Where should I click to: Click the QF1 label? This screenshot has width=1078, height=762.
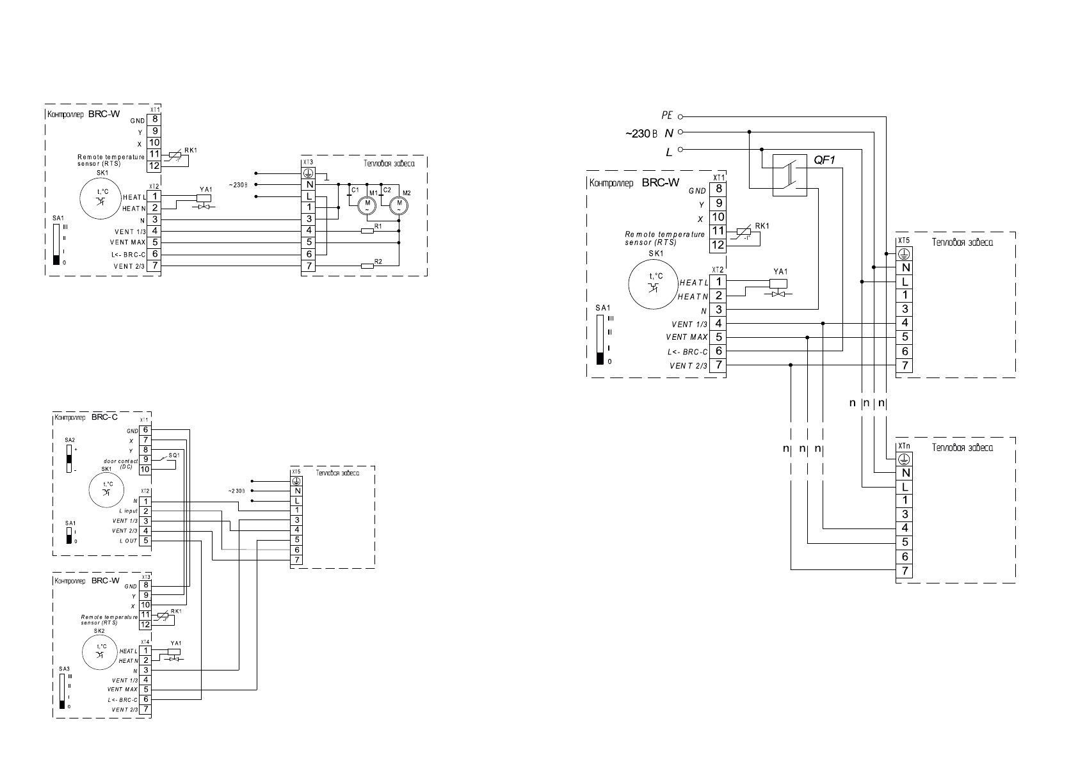click(x=825, y=161)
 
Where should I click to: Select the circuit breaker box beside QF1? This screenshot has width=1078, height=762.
click(x=789, y=175)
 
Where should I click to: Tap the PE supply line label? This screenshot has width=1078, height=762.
click(x=667, y=116)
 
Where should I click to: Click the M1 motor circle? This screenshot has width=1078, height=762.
click(x=367, y=205)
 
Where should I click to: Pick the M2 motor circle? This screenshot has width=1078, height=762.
click(x=398, y=205)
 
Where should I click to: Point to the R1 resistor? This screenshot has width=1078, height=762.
click(x=367, y=230)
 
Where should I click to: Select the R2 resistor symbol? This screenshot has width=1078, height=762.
click(x=367, y=266)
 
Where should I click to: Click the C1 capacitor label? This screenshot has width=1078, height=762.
click(x=355, y=190)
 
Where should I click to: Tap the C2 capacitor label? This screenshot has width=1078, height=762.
click(x=387, y=190)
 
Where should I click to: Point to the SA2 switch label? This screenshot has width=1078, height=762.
click(x=70, y=440)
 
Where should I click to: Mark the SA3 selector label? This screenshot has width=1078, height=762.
click(x=63, y=669)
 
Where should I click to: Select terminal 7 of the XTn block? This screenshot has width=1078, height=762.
click(x=905, y=571)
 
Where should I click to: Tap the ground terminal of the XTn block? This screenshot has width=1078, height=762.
click(x=905, y=459)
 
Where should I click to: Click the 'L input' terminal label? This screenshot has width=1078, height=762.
click(x=128, y=511)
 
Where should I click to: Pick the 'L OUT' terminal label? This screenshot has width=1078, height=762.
click(x=128, y=541)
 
